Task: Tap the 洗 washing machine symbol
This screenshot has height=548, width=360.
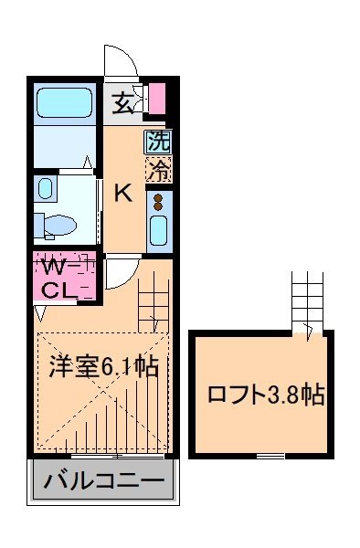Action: (x=159, y=142)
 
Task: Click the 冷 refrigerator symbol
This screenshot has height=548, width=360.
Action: (x=159, y=170)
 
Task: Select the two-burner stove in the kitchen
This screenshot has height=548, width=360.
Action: (x=157, y=201)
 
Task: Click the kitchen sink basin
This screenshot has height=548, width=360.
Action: (x=157, y=229)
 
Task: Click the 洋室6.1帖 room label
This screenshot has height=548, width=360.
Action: (x=104, y=367)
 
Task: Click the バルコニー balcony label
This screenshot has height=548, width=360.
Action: (x=104, y=481)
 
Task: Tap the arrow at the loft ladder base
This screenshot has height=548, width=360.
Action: (x=311, y=331)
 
